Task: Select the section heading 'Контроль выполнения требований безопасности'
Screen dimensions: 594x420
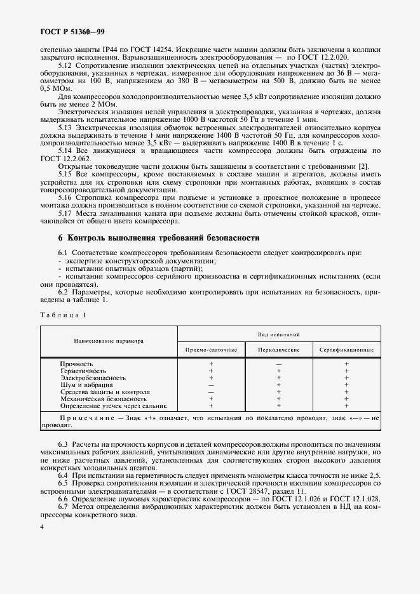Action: [158, 239]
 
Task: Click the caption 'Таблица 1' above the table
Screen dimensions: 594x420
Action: [64, 315]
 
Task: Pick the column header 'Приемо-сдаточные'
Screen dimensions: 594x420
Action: [211, 350]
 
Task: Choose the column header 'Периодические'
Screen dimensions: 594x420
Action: [278, 350]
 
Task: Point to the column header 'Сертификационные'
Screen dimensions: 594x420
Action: [346, 350]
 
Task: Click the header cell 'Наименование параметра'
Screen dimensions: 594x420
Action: [109, 341]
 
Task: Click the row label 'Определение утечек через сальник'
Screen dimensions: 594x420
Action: [113, 405]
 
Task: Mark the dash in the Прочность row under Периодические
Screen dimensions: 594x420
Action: [278, 364]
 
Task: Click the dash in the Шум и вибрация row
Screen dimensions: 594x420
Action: [211, 385]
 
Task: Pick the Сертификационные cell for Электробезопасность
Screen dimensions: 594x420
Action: [346, 378]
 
